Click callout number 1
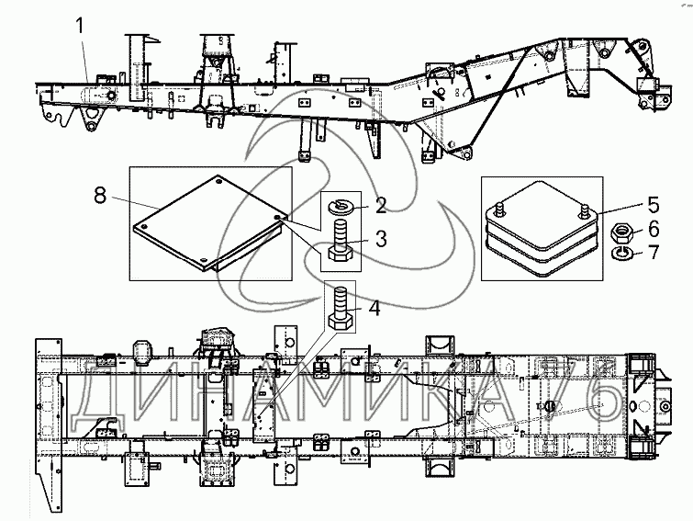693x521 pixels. point(84,28)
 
